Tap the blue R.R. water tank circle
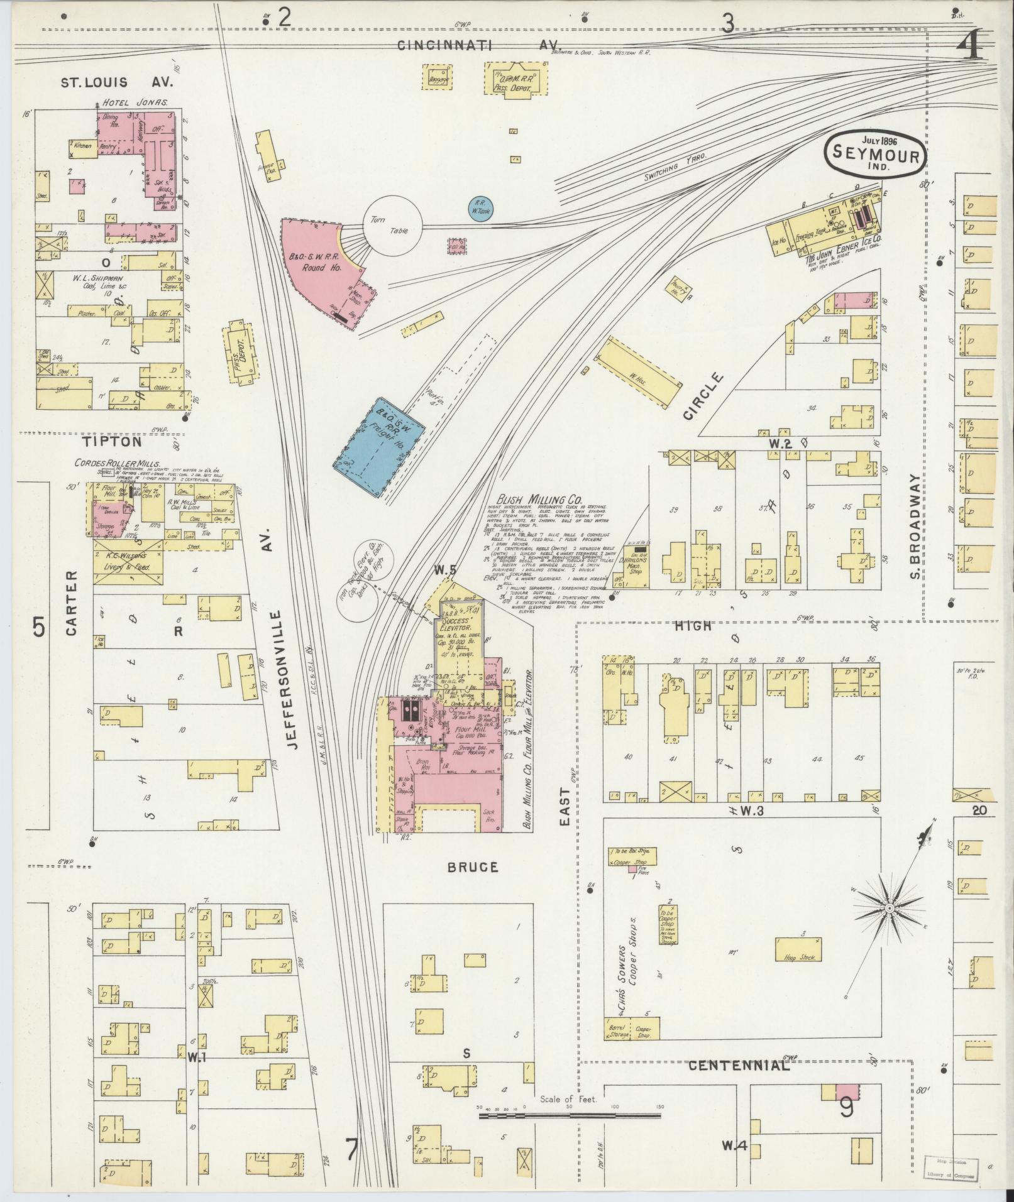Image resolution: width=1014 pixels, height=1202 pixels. pyautogui.click(x=481, y=208)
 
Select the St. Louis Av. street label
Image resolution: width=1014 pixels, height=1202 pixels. pyautogui.click(x=116, y=82)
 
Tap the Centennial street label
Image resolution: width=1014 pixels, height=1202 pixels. pyautogui.click(x=738, y=1066)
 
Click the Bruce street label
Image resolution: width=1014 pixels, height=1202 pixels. pyautogui.click(x=473, y=867)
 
